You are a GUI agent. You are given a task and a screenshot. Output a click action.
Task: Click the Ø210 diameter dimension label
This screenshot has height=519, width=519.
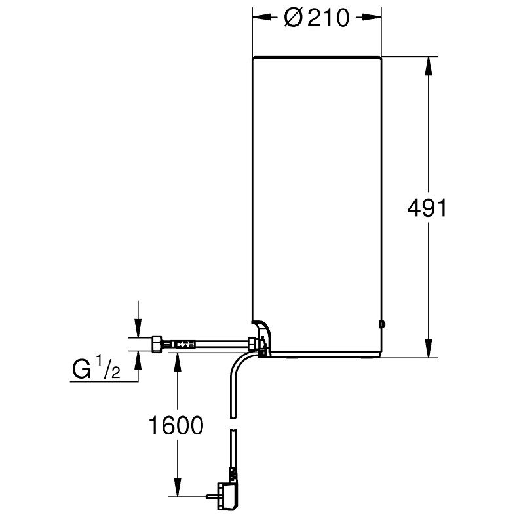tap(317, 18)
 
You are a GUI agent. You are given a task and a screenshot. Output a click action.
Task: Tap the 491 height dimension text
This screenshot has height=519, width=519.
tap(427, 208)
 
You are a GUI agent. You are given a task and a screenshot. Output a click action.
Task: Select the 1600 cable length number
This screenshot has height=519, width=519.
tap(176, 425)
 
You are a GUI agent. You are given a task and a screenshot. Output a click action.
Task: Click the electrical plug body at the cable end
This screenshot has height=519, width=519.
tap(226, 496)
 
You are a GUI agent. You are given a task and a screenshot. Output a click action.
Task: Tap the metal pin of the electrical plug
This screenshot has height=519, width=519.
tap(211, 496)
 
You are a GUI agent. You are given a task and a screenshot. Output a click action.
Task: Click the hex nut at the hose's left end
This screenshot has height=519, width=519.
tap(157, 344)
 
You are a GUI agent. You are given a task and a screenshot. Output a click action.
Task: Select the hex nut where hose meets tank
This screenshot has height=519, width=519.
tap(252, 344)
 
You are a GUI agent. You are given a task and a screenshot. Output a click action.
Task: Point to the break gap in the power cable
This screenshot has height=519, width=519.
tap(233, 425)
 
